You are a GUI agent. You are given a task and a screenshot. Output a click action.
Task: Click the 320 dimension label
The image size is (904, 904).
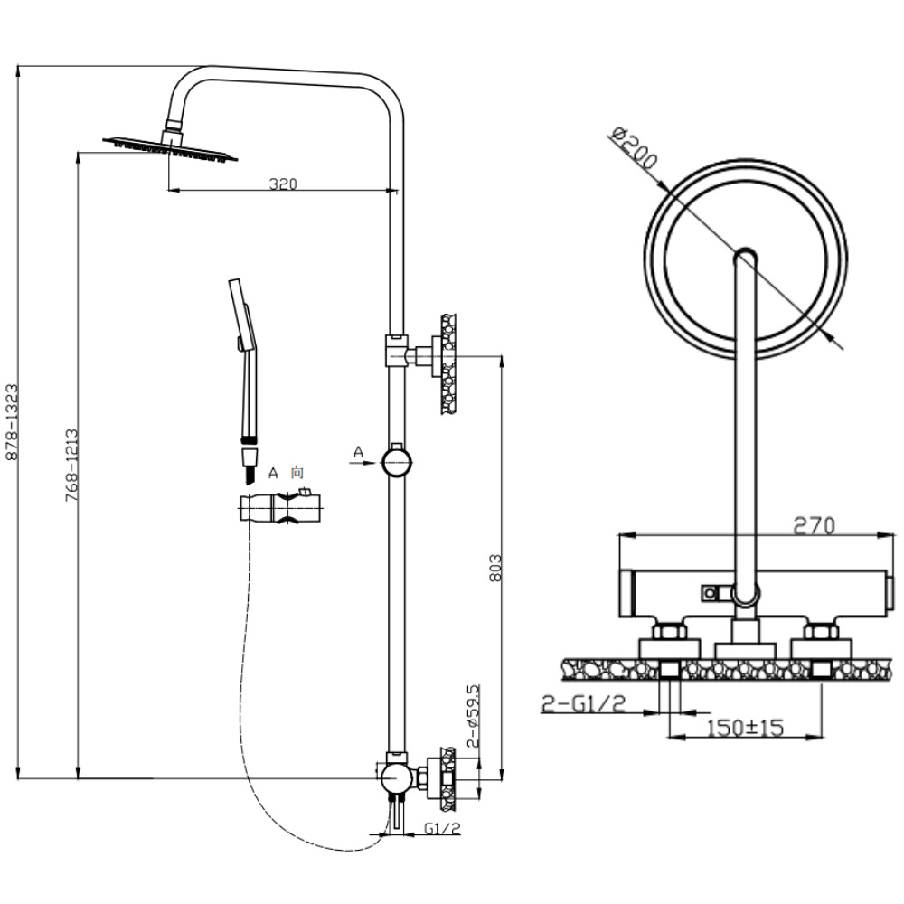pyautogui.click(x=283, y=184)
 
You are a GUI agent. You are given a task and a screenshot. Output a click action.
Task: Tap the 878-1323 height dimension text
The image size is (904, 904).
pyautogui.click(x=12, y=421)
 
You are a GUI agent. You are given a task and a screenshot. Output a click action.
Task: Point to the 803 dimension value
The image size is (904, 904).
pyautogui.click(x=494, y=567)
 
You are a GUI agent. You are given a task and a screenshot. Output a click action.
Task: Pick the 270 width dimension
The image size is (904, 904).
pyautogui.click(x=813, y=525)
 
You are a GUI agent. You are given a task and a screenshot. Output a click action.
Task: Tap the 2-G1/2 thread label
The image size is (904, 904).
pyautogui.click(x=584, y=704)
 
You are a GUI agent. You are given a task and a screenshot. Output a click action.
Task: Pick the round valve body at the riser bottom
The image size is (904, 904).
pyautogui.click(x=394, y=777)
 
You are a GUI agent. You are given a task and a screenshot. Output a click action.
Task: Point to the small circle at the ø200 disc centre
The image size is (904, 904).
pyautogui.click(x=747, y=258)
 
